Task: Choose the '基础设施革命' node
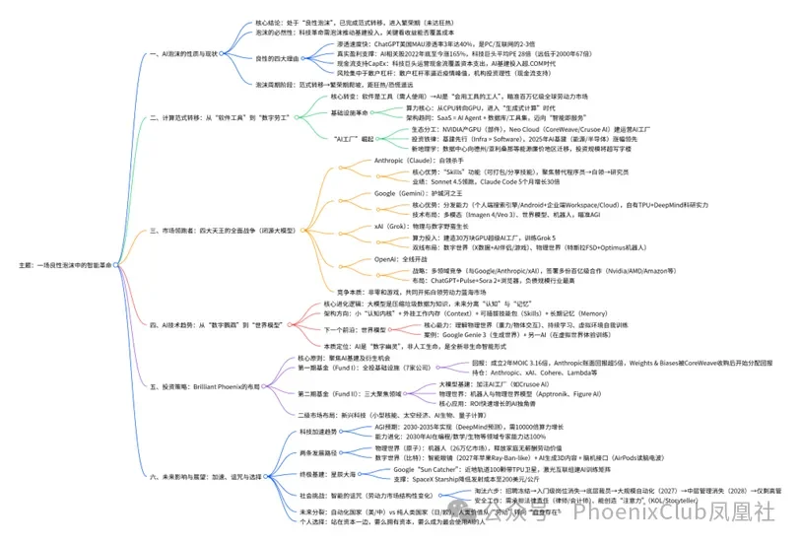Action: coord(357,111)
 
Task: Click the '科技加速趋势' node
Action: coord(295,432)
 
